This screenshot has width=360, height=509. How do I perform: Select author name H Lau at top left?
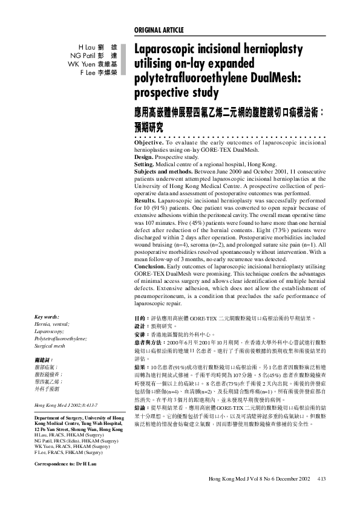pyautogui.click(x=83, y=47)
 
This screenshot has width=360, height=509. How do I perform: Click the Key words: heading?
pyautogui.click(x=47, y=317)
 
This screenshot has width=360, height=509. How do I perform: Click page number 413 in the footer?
pyautogui.click(x=321, y=478)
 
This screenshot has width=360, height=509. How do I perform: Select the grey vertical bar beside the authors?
pyautogui.click(x=124, y=59)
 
